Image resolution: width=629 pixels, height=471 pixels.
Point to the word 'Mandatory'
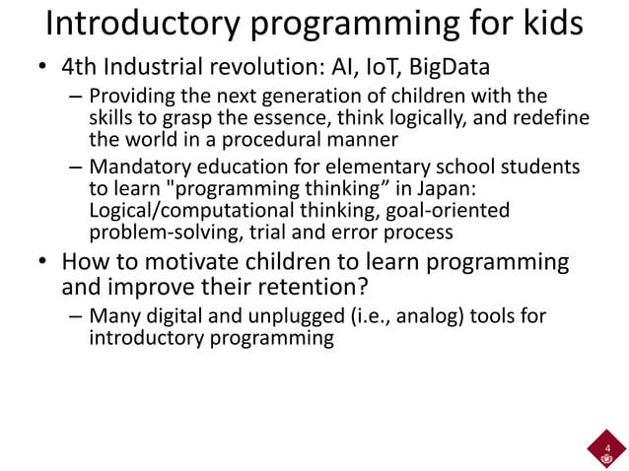tap(134, 167)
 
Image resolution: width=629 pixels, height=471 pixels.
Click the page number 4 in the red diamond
tap(607, 448)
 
